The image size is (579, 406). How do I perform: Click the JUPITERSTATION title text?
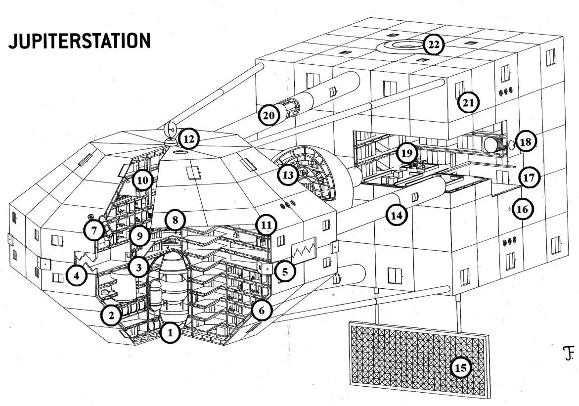coord(80,41)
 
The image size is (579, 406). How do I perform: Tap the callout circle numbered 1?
coord(170,332)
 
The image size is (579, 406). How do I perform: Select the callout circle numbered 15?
coord(461,367)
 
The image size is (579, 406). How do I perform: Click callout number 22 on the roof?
coord(434,45)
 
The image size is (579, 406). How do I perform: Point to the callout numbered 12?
coord(189,139)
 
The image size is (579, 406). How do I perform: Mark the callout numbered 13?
coord(288,175)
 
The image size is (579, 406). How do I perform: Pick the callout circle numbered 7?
coord(94,230)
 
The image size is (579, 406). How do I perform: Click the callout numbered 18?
coord(526,142)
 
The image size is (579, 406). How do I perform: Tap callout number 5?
coord(285,272)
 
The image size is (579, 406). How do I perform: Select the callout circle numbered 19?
coord(406,153)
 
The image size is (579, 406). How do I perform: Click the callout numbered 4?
coord(77,275)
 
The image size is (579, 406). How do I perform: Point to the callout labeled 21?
coord(468,102)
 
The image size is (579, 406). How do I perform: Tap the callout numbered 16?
coord(523,210)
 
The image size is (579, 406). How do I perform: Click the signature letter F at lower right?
coord(569,354)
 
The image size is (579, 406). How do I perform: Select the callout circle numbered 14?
coord(397,215)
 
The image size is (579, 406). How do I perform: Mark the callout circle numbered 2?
coord(112,315)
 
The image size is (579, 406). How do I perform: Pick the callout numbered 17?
coord(529,178)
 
